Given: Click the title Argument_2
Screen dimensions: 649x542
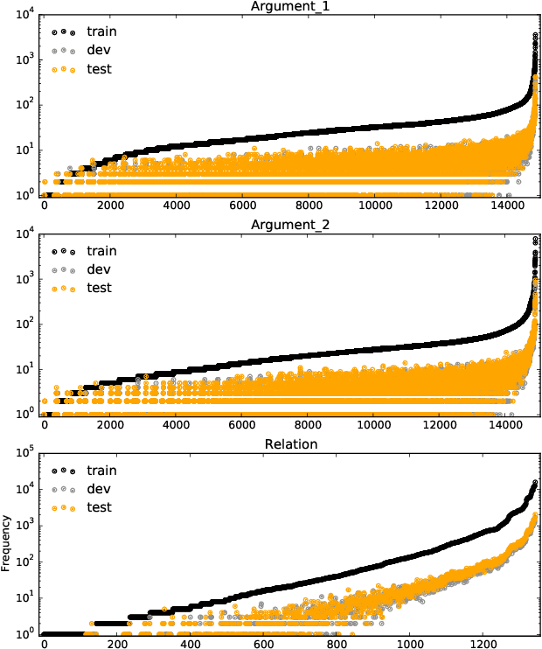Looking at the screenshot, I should coord(291,225).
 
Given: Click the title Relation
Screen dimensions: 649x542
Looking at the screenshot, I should coord(291,444).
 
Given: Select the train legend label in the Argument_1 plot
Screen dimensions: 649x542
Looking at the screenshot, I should coord(101,31).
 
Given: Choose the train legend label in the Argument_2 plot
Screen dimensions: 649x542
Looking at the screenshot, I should coord(101,251).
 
